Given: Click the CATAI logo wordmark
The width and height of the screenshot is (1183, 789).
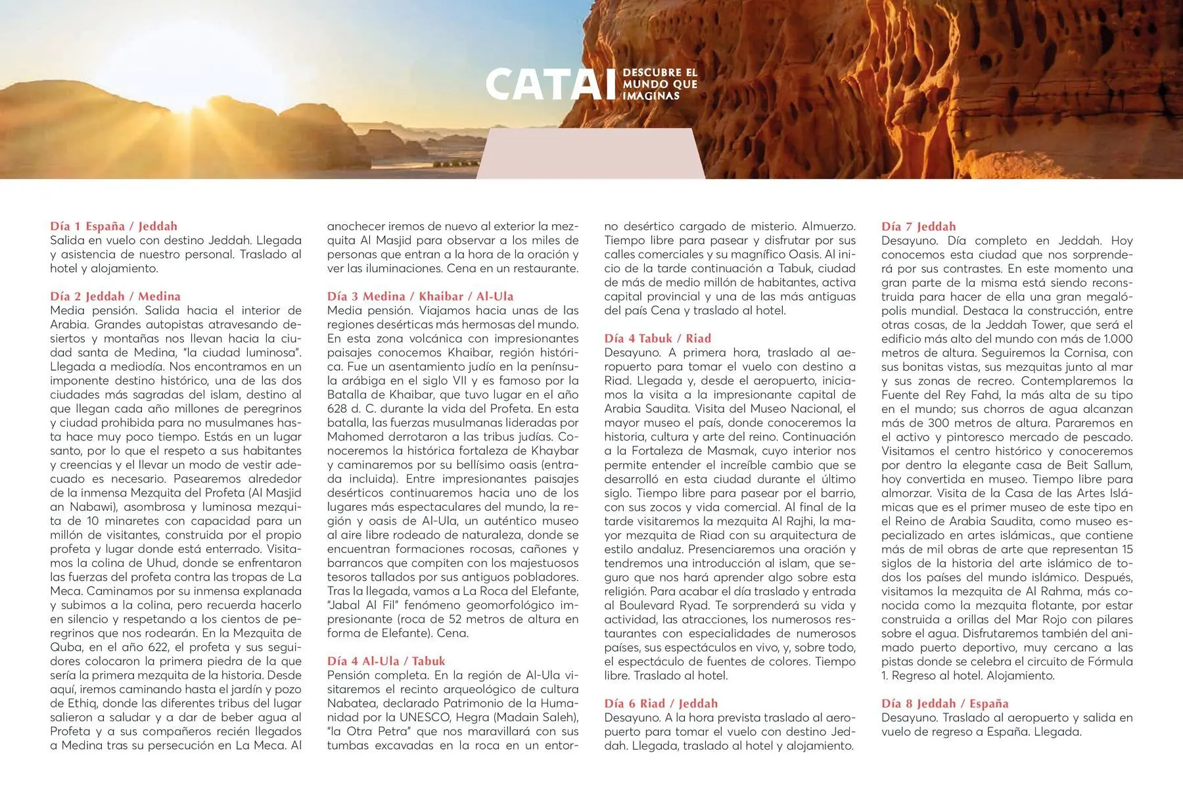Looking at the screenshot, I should point(550,85).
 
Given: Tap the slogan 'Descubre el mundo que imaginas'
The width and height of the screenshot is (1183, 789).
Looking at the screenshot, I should point(660,84).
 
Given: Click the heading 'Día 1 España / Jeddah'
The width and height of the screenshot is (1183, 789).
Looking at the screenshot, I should point(114,226).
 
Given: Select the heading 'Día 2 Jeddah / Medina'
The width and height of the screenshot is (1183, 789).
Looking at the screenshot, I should point(115,296).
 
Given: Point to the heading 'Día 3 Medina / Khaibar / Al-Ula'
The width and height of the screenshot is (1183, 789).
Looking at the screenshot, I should point(420,296).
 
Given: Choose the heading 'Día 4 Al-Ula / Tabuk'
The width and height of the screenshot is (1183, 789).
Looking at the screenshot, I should point(386,661).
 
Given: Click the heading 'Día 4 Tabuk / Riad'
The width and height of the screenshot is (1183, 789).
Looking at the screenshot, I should point(657,338).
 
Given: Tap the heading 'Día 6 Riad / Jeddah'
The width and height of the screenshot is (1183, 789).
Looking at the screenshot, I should point(661,703).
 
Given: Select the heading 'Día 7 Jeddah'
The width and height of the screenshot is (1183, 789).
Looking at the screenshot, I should point(918,226).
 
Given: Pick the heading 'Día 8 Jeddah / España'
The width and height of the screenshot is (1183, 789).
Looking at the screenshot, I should point(944,703).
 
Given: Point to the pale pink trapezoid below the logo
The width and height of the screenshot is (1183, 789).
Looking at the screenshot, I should point(590,154).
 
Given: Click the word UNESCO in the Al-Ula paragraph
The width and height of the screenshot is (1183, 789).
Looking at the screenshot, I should point(421,717).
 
